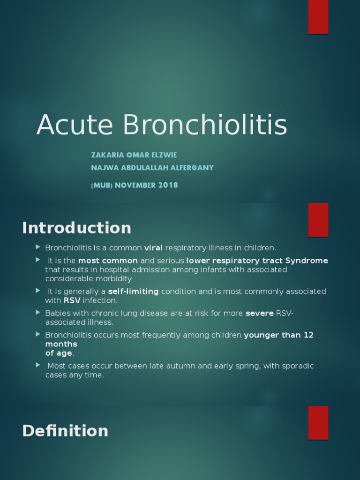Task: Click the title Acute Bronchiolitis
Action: [162, 126]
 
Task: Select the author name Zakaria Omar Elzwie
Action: [134, 155]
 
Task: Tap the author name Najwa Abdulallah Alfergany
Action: [152, 168]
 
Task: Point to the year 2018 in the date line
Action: [168, 185]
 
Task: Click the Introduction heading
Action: [76, 228]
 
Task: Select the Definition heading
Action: [65, 431]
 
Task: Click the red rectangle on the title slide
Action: [318, 17]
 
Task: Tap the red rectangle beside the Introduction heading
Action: [318, 220]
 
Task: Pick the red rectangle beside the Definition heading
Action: [318, 423]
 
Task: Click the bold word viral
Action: [153, 247]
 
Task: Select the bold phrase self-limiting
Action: [134, 292]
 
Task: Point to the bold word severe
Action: [260, 313]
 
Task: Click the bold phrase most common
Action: [108, 261]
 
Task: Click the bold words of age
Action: [59, 353]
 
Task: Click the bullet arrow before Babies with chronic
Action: [38, 312]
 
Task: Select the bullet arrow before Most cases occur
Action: [38, 365]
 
